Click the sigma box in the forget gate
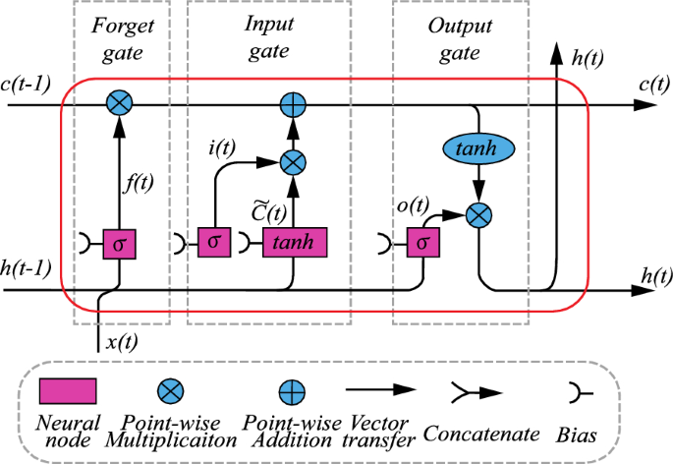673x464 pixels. (x=119, y=243)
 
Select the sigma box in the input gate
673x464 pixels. (x=215, y=243)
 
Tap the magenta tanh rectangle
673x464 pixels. (x=294, y=243)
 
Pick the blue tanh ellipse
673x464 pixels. (x=477, y=147)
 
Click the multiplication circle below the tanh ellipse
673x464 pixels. (x=477, y=213)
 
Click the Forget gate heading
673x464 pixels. (x=119, y=37)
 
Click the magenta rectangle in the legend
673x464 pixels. (x=68, y=392)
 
